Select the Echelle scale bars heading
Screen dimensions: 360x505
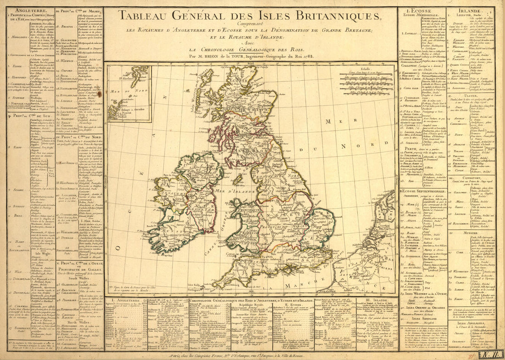click(x=365, y=68)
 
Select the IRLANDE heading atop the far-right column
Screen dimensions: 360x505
click(x=476, y=10)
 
